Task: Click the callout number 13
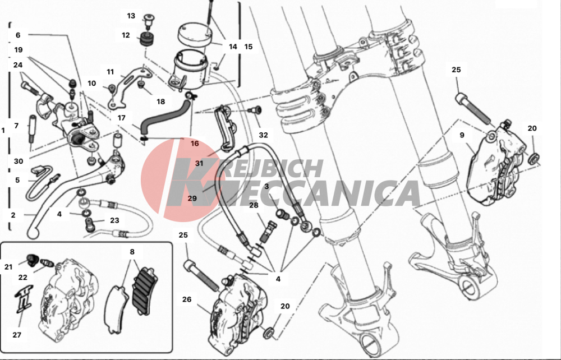click(131, 16)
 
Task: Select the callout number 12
click(126, 35)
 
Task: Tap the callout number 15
click(249, 47)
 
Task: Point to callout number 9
click(462, 135)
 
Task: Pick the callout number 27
click(17, 335)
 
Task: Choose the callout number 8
click(132, 252)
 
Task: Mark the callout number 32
click(264, 135)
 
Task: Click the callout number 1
click(3, 130)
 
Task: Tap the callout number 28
click(254, 206)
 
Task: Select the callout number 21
click(8, 267)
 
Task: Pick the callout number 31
click(200, 163)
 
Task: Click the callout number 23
click(114, 220)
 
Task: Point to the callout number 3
click(266, 186)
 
